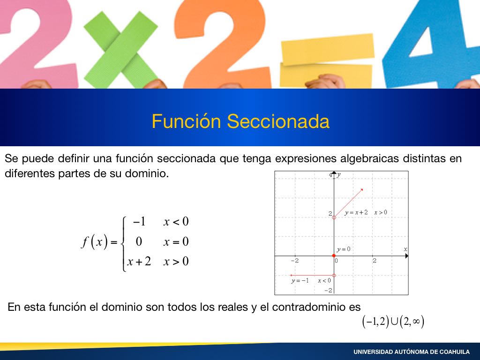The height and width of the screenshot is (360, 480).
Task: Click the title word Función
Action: [186, 121]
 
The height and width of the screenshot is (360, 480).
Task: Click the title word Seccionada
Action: [278, 121]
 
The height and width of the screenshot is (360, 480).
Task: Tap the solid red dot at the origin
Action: [334, 255]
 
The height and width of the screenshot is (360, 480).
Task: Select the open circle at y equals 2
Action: [334, 217]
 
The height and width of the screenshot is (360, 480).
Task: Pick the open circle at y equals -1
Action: [334, 276]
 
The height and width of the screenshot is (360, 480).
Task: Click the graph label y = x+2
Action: [356, 212]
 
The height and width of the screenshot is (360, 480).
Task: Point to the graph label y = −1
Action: [300, 281]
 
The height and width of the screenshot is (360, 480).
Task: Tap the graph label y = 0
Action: [344, 249]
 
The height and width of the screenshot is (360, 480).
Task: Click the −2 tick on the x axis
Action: [294, 261]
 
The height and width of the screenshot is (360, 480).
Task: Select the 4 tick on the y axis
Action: [330, 175]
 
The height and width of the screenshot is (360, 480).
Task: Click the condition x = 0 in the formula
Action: [176, 241]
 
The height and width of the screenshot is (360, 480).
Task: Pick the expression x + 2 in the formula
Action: [139, 262]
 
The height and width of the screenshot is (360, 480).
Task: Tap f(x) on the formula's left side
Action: [95, 241]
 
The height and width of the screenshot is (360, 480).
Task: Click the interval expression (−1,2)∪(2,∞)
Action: [393, 322]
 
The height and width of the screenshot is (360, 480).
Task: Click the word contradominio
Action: [309, 307]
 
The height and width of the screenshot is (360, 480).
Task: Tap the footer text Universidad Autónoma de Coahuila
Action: [412, 352]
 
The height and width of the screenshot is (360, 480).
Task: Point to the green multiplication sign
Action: [120, 49]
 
